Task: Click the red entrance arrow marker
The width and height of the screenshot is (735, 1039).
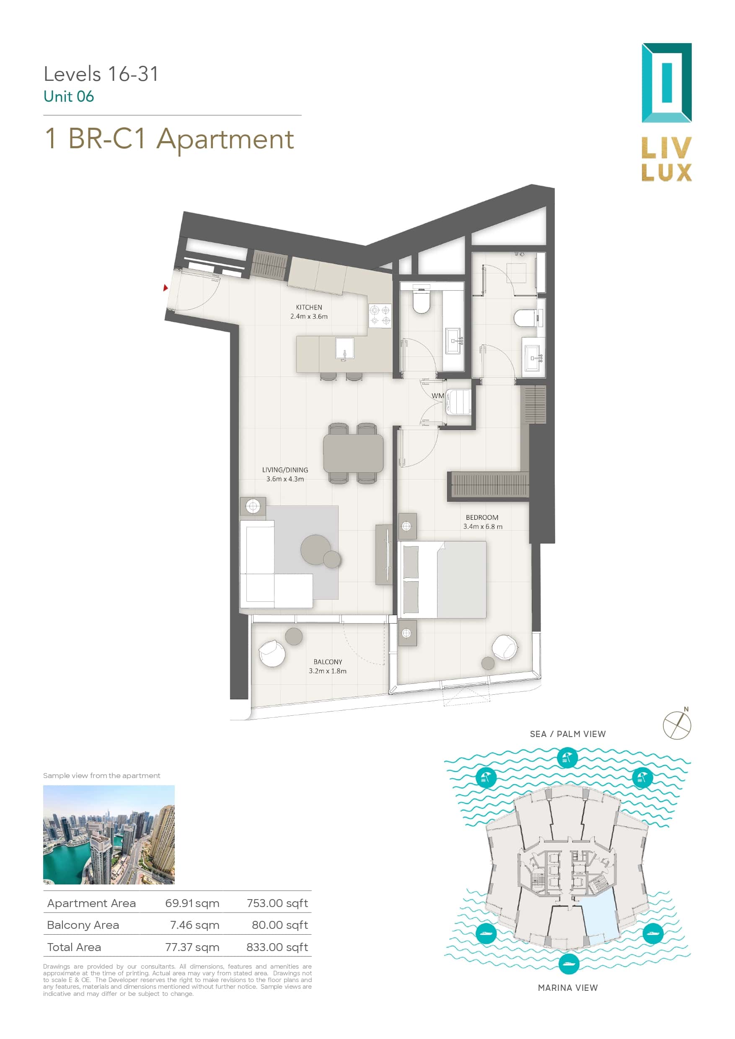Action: (166, 287)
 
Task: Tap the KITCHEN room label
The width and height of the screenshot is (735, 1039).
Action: (309, 307)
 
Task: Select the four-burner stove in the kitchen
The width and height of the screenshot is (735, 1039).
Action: (380, 315)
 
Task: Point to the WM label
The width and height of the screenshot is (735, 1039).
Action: (437, 395)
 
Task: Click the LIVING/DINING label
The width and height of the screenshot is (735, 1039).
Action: (285, 470)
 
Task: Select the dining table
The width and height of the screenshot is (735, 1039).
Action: (353, 453)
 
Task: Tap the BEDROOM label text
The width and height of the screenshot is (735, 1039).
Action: (482, 517)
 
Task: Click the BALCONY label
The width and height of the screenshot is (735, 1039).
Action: (327, 662)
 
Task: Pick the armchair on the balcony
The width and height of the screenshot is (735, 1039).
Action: (272, 653)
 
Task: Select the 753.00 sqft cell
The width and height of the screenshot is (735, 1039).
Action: (277, 904)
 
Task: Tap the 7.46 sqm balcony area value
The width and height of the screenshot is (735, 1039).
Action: (195, 926)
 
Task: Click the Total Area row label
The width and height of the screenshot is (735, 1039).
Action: (74, 947)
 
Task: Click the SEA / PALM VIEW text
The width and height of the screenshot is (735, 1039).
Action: (567, 734)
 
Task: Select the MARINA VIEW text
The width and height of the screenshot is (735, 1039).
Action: (567, 988)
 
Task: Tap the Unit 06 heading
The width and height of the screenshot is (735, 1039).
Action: (69, 96)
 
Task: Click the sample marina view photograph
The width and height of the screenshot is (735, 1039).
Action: (109, 835)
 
